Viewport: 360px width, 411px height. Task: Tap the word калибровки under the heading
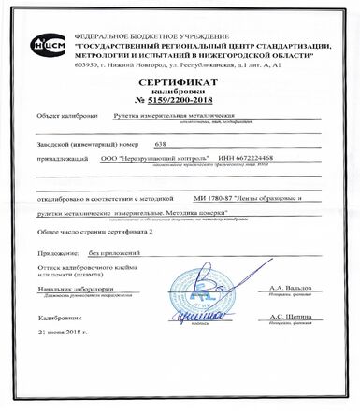180,92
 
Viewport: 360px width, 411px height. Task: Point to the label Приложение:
56,252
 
